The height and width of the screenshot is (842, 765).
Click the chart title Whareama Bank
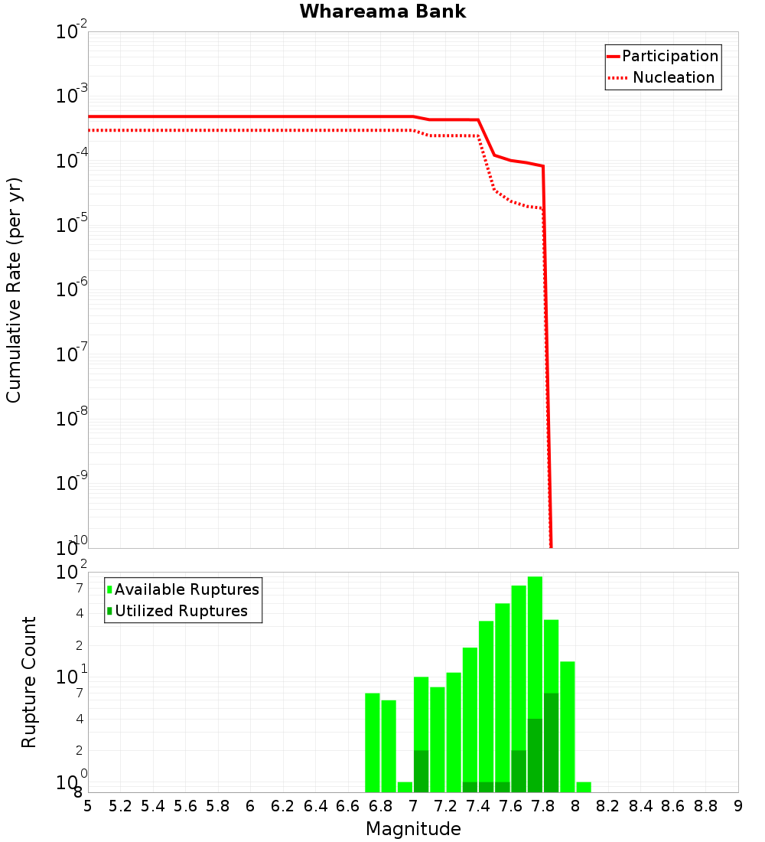click(x=382, y=11)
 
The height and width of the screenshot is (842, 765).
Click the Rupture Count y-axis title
click(x=29, y=682)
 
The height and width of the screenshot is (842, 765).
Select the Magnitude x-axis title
click(x=413, y=829)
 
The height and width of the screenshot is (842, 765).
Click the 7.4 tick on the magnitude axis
click(x=478, y=806)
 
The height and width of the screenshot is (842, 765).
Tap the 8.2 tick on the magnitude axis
click(x=608, y=806)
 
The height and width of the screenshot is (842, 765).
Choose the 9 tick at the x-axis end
click(x=738, y=806)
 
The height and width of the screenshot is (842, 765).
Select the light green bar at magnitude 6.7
click(x=373, y=742)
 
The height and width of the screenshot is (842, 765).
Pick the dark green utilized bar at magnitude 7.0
click(x=421, y=772)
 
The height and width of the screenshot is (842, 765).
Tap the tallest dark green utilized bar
click(x=551, y=742)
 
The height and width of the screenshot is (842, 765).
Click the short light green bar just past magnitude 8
click(x=584, y=787)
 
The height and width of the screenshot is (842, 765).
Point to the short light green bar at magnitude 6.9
click(x=405, y=787)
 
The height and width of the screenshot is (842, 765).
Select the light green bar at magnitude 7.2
click(x=454, y=733)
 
